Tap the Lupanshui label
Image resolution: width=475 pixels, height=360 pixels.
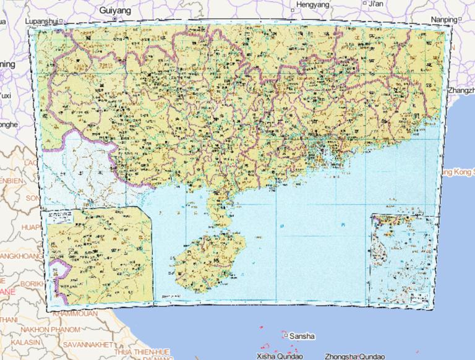coord(41,21)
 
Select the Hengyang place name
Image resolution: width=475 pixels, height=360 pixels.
coord(314,4)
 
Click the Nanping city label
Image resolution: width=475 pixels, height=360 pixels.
coord(443,20)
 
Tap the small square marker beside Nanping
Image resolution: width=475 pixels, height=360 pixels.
coord(459,19)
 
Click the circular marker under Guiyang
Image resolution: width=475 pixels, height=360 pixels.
coord(114,19)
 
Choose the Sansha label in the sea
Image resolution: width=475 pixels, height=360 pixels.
coord(302,336)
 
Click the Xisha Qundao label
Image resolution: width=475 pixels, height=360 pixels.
coord(278,356)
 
